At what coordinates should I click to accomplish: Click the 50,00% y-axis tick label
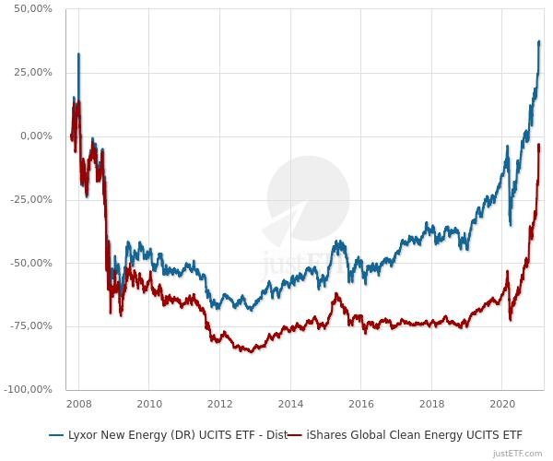point(34,8)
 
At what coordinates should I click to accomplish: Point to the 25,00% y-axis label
point(34,72)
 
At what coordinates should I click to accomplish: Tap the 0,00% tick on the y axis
point(37,136)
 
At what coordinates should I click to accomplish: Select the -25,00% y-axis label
point(32,199)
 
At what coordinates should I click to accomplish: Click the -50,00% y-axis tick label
point(32,263)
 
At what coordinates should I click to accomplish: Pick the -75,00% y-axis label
point(32,325)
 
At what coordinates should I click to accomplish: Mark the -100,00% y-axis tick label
point(29,389)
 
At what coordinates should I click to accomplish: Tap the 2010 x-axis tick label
point(149,403)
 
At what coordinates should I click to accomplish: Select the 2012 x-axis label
point(219,403)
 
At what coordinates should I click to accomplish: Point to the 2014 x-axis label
point(290,403)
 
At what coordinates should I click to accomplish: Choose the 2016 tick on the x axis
point(361,403)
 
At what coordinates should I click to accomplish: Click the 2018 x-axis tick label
point(432,403)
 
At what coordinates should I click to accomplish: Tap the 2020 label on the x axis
point(502,403)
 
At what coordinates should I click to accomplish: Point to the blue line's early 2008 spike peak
point(78,54)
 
